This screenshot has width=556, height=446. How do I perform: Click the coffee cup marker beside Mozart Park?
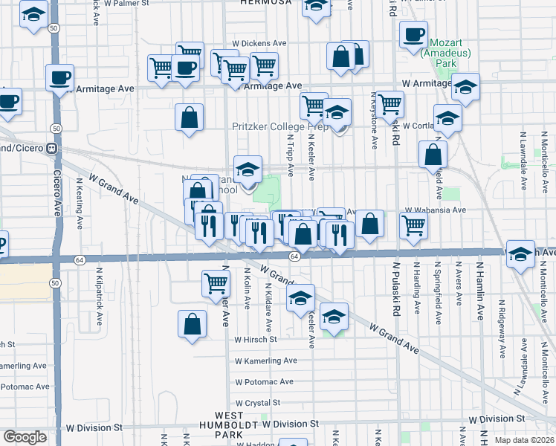point(413,34)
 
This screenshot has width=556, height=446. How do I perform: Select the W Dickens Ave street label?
point(259,44)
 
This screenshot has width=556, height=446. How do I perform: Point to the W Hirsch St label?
point(255,339)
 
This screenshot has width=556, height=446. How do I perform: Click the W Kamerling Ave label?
point(265,361)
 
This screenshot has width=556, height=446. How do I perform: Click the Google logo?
point(25,437)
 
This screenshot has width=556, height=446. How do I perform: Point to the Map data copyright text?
point(525,440)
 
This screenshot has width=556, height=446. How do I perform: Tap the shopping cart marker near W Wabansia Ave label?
point(413,224)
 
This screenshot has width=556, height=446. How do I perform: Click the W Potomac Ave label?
point(264,382)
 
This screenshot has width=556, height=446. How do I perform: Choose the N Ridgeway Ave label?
point(502,326)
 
